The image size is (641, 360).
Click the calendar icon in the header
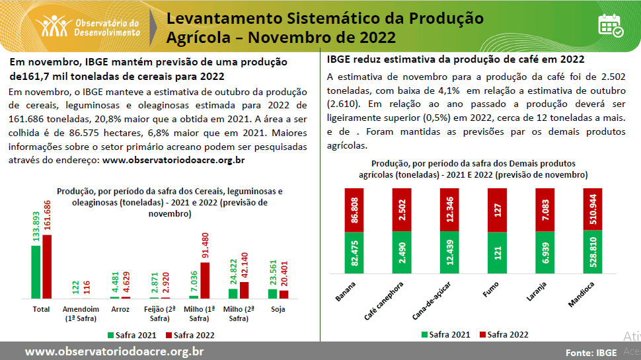pos(610,25)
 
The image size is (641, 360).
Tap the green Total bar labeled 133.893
pos(35,271)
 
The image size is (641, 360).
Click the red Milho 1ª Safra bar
pos(205,281)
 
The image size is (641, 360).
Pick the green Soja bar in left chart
pos(273,294)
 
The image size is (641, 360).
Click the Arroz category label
pos(120,309)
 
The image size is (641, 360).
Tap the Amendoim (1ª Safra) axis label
pos(80,313)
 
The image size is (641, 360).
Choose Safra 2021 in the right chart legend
pos(445,335)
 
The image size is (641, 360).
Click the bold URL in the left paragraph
pos(174,160)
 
